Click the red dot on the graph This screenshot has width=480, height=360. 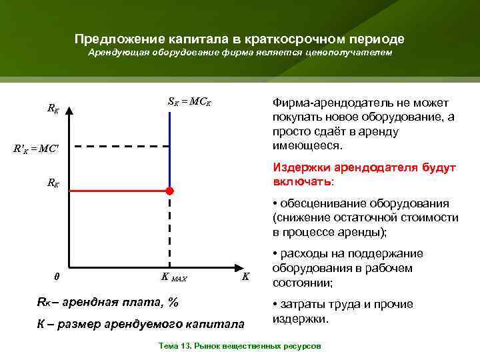tap(169, 191)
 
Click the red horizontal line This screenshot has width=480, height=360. tap(120, 191)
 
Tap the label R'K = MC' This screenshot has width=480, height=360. tap(36, 148)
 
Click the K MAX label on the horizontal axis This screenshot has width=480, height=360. tap(175, 277)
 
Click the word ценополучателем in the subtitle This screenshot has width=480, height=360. tap(353, 53)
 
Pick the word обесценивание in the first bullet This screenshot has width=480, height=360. tap(317, 203)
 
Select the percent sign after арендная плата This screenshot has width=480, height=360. tap(173, 302)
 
